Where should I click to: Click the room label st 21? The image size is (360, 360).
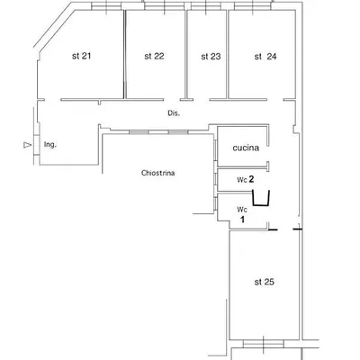pos(81,56)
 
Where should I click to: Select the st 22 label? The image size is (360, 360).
pos(153,56)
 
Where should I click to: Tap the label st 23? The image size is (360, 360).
pos(210,56)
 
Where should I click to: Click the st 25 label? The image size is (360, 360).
pos(264,282)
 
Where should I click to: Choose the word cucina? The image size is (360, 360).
pos(247,147)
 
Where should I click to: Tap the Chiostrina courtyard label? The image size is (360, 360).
pos(157,172)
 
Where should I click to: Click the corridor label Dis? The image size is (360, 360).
pos(174,113)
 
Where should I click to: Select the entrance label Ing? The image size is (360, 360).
pos(50,143)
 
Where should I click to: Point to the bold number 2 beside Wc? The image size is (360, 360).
pos(253,179)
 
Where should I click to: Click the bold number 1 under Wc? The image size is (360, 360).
pos(241,218)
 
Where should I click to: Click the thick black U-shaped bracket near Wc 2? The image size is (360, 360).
pos(263,199)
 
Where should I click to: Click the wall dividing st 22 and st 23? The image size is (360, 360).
pos(186,54)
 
